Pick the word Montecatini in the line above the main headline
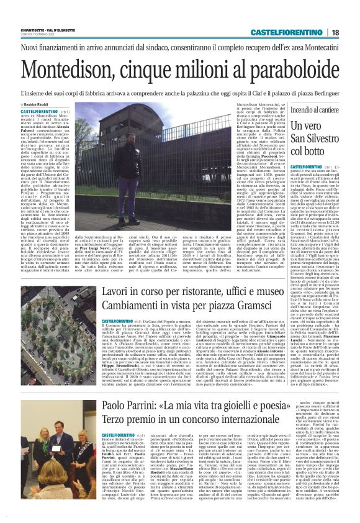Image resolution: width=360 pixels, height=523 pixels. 317,47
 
